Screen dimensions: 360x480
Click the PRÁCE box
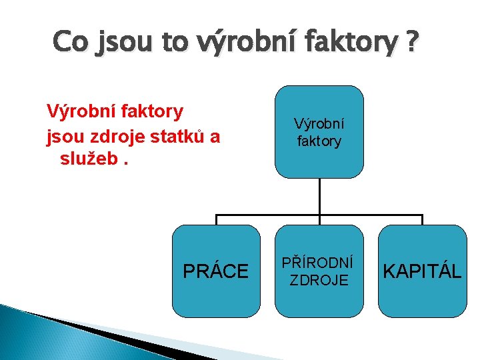coord(216,271)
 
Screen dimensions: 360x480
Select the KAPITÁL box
coord(422,271)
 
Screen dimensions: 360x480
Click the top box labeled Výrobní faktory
coord(319,131)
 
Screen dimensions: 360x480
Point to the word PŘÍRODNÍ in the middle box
coord(319,263)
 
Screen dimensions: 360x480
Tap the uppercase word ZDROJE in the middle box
coord(319,280)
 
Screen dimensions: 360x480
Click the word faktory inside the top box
coord(319,141)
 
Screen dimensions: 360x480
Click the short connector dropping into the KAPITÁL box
coord(422,220)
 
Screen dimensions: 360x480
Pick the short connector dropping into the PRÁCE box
coord(216,220)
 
